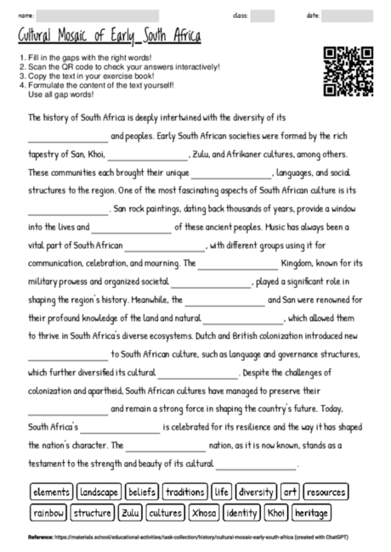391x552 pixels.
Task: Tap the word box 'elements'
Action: (51, 493)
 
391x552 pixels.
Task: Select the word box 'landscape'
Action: (99, 493)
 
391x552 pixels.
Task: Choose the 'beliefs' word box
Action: (143, 493)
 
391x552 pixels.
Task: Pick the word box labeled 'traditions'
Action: (185, 493)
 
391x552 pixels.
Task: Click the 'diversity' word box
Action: (256, 493)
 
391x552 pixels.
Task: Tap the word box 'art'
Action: (291, 493)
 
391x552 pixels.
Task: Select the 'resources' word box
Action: (326, 493)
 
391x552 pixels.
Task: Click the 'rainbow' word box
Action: (48, 513)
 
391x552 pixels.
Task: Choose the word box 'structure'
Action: (93, 513)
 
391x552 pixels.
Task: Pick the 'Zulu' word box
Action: (130, 513)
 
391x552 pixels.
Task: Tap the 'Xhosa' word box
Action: (205, 513)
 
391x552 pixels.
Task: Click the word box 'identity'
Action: (243, 513)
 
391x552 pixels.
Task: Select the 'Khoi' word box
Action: (276, 513)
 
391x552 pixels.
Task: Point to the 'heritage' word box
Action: (312, 513)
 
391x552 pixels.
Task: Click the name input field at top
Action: (99, 16)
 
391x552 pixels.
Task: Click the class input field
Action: (263, 16)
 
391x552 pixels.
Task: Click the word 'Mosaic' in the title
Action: (92, 37)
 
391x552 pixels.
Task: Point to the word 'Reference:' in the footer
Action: (41, 538)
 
